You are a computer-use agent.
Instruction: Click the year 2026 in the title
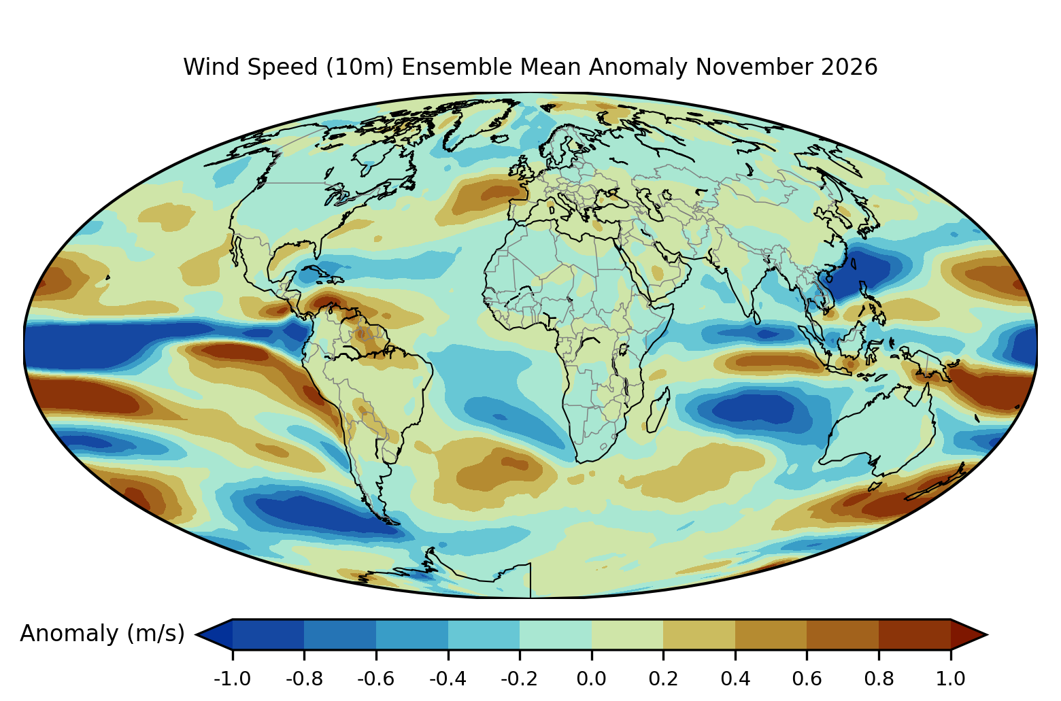pyautogui.click(x=849, y=67)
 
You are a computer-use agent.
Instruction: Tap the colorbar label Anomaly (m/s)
pyautogui.click(x=102, y=634)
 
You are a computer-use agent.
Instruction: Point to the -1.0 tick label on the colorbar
pyautogui.click(x=232, y=679)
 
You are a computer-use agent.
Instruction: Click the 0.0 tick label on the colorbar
pyautogui.click(x=591, y=679)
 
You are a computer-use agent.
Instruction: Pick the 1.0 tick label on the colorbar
pyautogui.click(x=950, y=679)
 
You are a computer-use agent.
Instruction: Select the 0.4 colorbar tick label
pyautogui.click(x=735, y=679)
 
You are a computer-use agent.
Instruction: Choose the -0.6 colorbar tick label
pyautogui.click(x=376, y=679)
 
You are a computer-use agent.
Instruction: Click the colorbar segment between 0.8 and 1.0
pyautogui.click(x=915, y=634)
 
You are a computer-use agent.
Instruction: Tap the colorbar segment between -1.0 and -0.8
pyautogui.click(x=268, y=634)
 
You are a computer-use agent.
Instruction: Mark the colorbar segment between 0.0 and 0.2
pyautogui.click(x=627, y=634)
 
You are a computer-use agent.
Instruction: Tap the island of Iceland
pyautogui.click(x=500, y=139)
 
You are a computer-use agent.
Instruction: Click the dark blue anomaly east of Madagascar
pyautogui.click(x=753, y=408)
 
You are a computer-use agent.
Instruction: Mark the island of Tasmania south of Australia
pyautogui.click(x=876, y=486)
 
